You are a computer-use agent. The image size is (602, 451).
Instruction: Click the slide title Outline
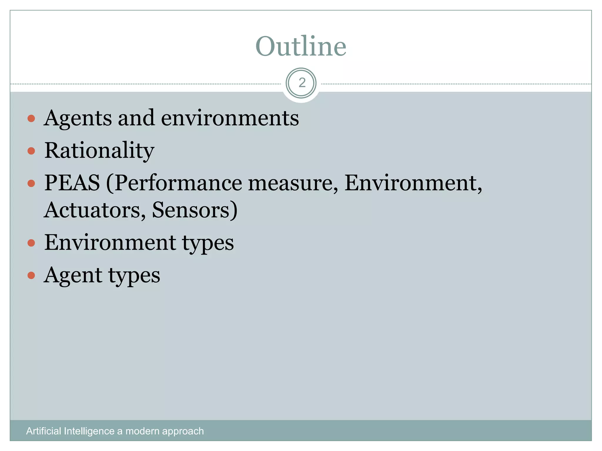pyautogui.click(x=301, y=46)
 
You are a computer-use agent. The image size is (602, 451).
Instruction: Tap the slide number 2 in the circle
pyautogui.click(x=302, y=83)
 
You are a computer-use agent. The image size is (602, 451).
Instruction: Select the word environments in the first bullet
pyautogui.click(x=230, y=118)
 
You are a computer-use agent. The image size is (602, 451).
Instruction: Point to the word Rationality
pyautogui.click(x=99, y=151)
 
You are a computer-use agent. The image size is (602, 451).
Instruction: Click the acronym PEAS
pyautogui.click(x=72, y=183)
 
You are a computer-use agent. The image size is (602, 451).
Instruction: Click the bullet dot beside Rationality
pyautogui.click(x=31, y=151)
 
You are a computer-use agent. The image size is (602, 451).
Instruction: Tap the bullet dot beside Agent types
pyautogui.click(x=31, y=275)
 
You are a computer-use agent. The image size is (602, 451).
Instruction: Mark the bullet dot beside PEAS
pyautogui.click(x=31, y=184)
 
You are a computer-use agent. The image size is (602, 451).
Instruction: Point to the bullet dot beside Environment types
pyautogui.click(x=31, y=243)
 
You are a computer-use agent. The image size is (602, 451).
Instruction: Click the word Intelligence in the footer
pyautogui.click(x=89, y=431)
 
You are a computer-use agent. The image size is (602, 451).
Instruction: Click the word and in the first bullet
pyautogui.click(x=136, y=118)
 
